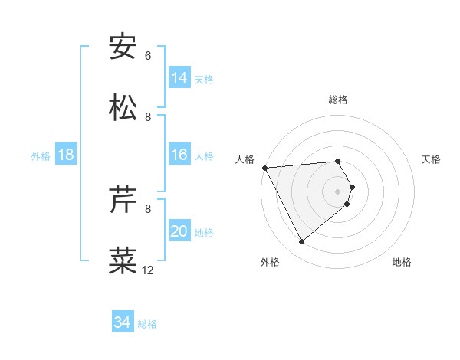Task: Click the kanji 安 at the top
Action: pyautogui.click(x=123, y=47)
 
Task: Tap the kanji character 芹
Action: pyautogui.click(x=123, y=200)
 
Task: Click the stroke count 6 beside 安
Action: pyautogui.click(x=148, y=56)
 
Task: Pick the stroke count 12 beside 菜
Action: pyautogui.click(x=148, y=270)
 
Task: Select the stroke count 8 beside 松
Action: pyautogui.click(x=148, y=117)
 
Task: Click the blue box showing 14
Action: pyautogui.click(x=179, y=78)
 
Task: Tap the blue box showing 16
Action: pyautogui.click(x=179, y=155)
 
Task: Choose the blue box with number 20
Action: pyautogui.click(x=179, y=231)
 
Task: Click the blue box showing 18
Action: pyautogui.click(x=66, y=155)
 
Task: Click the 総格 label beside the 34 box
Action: pyautogui.click(x=147, y=324)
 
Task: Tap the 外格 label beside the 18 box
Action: pyautogui.click(x=41, y=156)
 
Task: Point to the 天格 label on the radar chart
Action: pyautogui.click(x=432, y=159)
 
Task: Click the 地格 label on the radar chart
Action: pyautogui.click(x=402, y=262)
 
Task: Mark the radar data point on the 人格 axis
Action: pyautogui.click(x=264, y=168)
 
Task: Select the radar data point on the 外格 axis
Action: pyautogui.click(x=302, y=241)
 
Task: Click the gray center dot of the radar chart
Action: pyautogui.click(x=338, y=191)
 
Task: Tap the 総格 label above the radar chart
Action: pyautogui.click(x=338, y=100)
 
